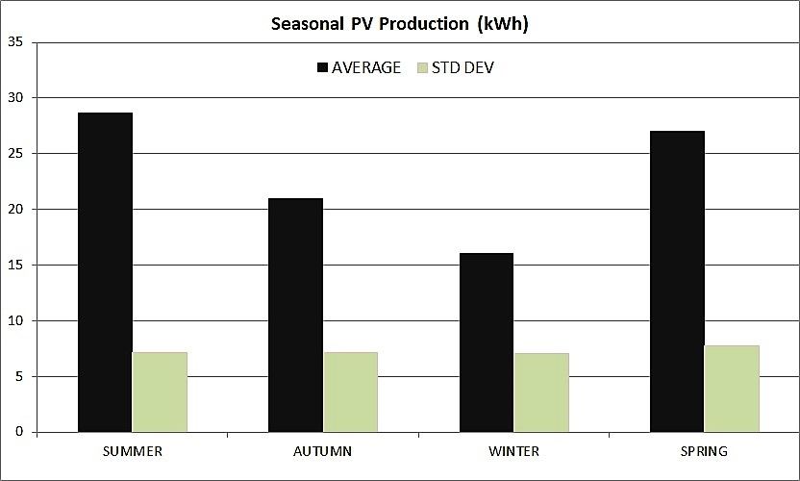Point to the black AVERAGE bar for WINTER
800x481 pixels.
pos(487,342)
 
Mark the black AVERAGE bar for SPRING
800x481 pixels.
pos(677,281)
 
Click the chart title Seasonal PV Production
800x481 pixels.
pos(398,25)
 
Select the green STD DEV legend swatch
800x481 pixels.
pos(423,68)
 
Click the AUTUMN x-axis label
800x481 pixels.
pos(322,451)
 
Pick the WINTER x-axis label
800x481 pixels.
pos(513,451)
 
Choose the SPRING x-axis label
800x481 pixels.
pos(704,451)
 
